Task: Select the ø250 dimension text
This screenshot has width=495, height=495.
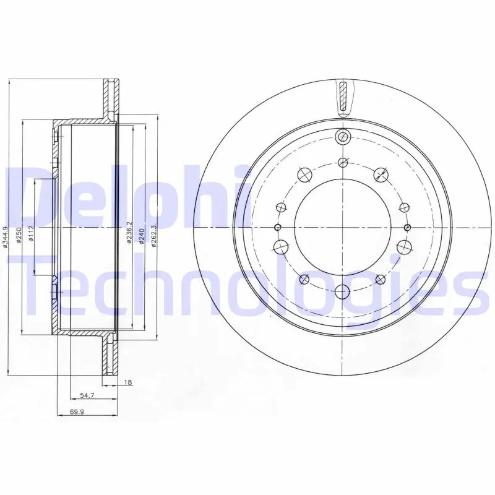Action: pos(19,235)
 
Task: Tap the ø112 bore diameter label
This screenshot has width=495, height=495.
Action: pos(31,233)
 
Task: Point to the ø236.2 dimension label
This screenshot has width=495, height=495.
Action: pos(129,233)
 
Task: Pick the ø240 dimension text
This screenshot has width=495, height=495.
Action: pos(142,236)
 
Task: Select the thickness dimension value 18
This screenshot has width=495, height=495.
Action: pos(128,382)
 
